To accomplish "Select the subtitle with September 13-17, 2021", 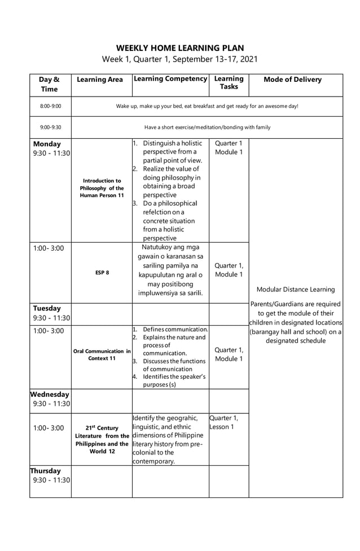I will (x=180, y=59).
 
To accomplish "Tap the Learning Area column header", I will (x=100, y=80).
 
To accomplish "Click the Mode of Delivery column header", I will (x=292, y=80).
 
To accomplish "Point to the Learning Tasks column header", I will (x=229, y=82).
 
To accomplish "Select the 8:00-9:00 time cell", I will (x=50, y=106).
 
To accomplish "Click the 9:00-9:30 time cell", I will (x=50, y=128).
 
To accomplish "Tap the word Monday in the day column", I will (x=47, y=144).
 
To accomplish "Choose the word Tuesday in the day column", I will (x=47, y=308).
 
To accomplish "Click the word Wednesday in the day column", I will (x=50, y=394).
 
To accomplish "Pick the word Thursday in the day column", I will (x=46, y=471).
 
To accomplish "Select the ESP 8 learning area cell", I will (x=102, y=273).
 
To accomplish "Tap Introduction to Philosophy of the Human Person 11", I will (x=102, y=188).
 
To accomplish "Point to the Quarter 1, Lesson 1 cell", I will (x=224, y=422).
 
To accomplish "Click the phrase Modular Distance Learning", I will (x=295, y=290).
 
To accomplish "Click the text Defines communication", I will (x=175, y=329).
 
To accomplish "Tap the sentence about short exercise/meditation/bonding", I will (x=207, y=128).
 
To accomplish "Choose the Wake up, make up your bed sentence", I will (x=207, y=106).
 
